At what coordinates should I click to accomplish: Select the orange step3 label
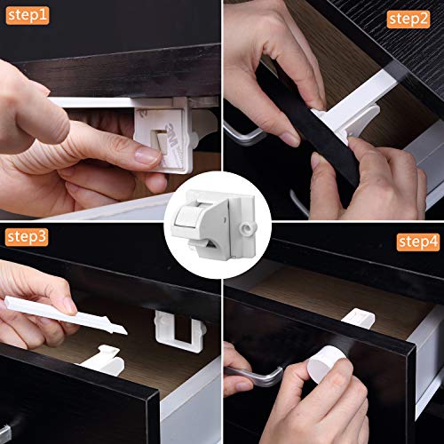pyautogui.click(x=28, y=236)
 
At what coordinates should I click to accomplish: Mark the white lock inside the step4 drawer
pyautogui.click(x=356, y=316)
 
